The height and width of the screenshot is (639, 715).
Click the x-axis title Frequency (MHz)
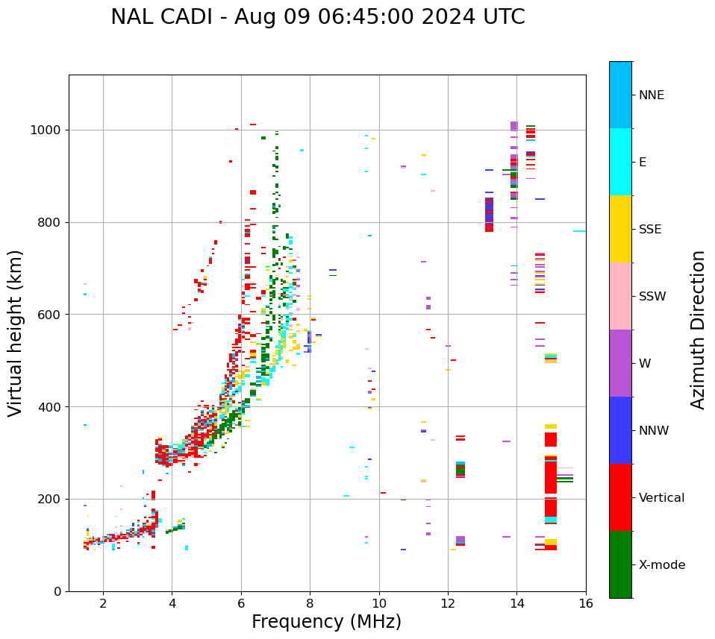tap(326, 622)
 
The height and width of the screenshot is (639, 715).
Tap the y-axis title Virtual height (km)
tap(16, 333)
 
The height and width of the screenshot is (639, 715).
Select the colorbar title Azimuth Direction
tap(698, 330)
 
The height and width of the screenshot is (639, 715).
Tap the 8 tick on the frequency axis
tap(310, 602)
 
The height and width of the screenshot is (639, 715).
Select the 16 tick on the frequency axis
tap(586, 602)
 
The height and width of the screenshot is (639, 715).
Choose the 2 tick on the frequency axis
tap(103, 602)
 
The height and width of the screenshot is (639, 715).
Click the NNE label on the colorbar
tap(652, 95)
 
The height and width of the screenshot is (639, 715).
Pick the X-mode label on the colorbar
tap(662, 565)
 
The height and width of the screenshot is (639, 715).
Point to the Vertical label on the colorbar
tap(661, 498)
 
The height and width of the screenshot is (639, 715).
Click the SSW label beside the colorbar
tap(652, 297)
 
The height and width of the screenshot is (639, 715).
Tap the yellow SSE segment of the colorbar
tap(620, 229)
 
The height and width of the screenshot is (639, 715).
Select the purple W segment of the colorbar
tap(620, 363)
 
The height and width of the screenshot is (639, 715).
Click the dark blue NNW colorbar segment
tap(620, 430)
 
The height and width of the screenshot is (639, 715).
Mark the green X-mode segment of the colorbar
tap(620, 564)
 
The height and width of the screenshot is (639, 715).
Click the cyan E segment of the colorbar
tap(620, 162)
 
